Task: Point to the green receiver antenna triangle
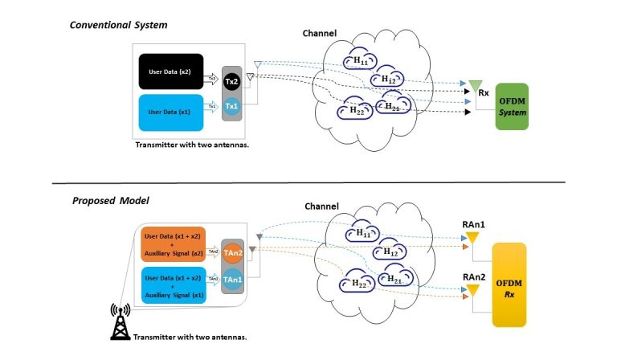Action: click(475, 85)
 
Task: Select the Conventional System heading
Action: click(117, 24)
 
